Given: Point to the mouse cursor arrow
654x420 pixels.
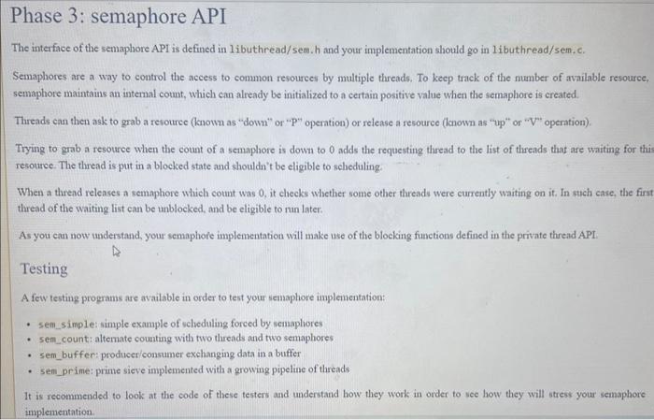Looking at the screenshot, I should [118, 252].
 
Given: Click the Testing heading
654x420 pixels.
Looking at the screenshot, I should [44, 269].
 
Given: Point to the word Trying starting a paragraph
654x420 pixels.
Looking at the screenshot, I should [33, 150].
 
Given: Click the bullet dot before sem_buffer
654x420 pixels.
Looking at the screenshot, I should [31, 353].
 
